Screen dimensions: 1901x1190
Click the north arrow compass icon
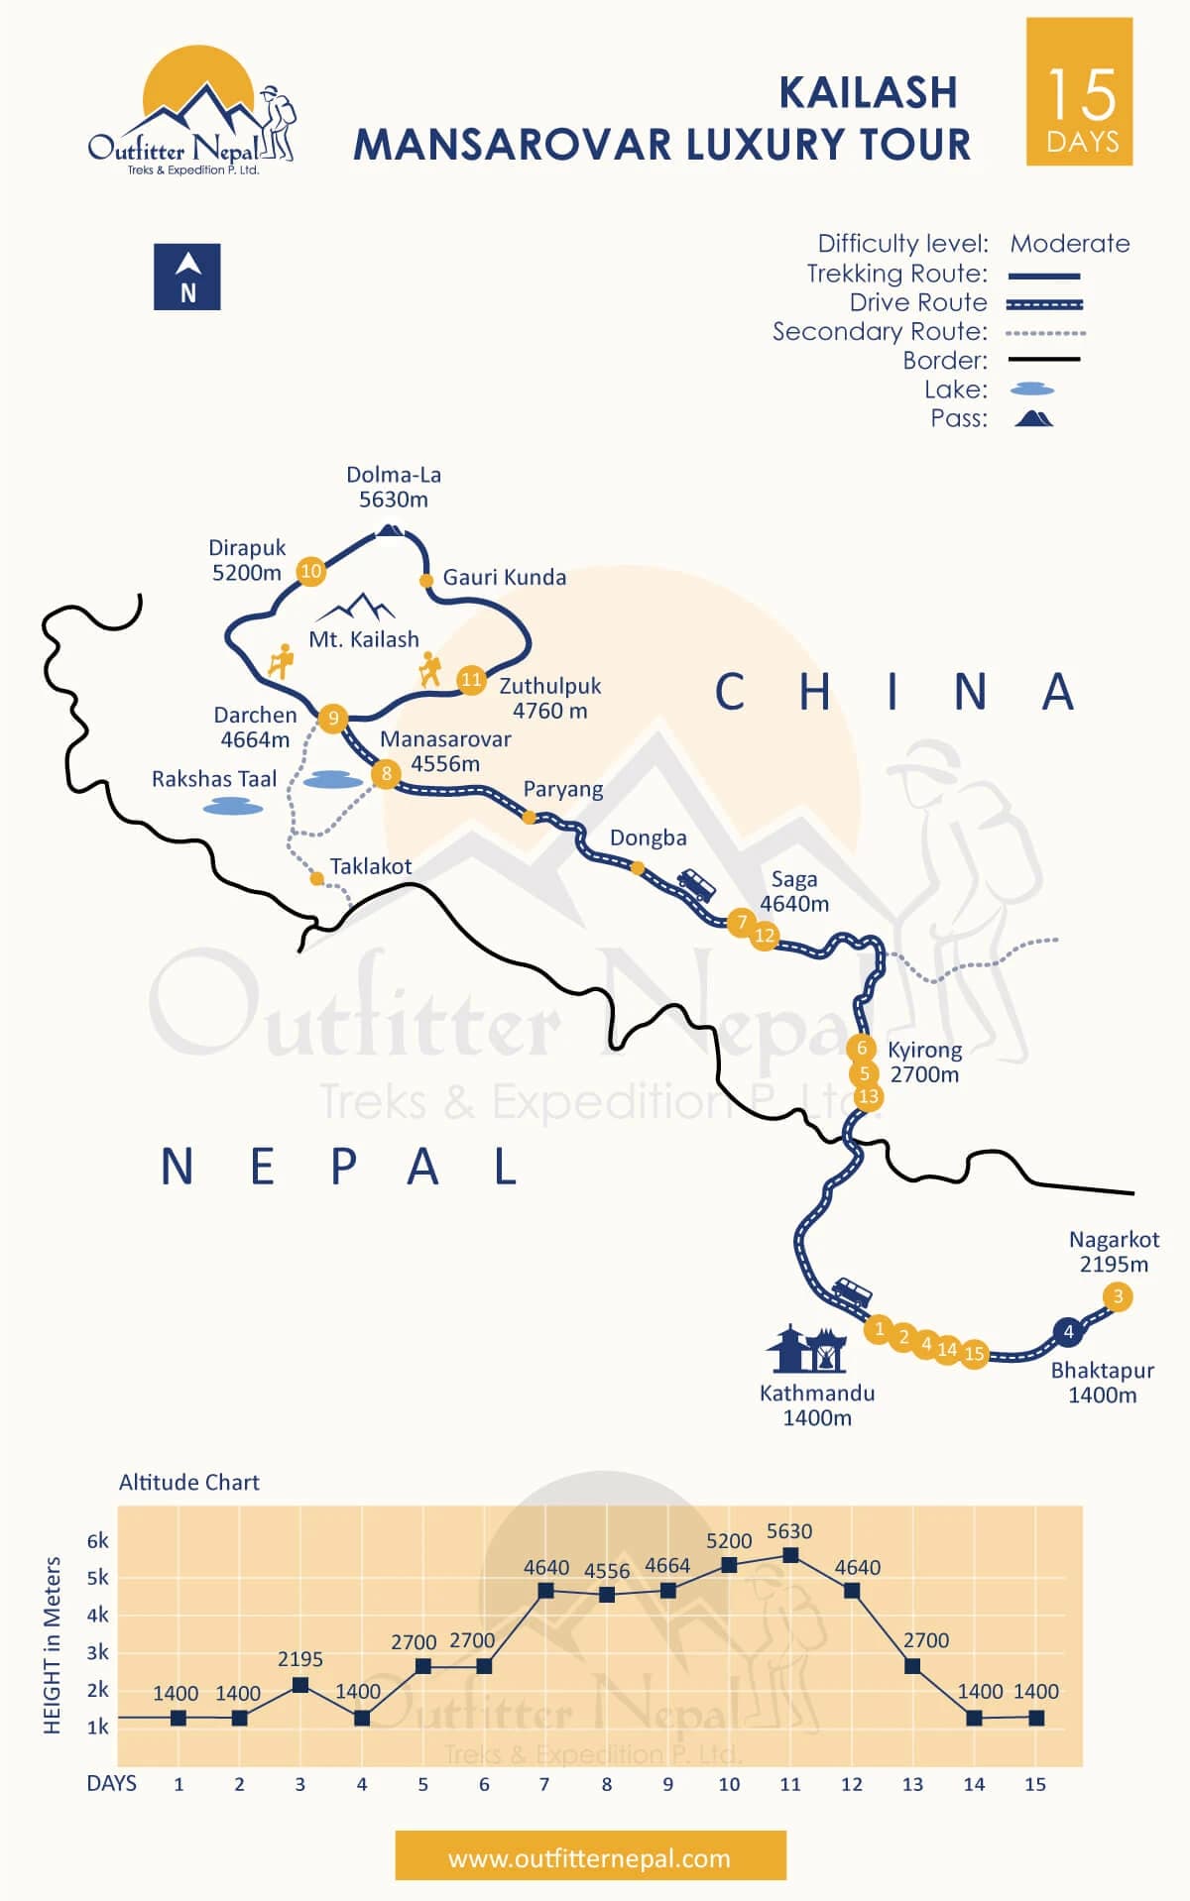(187, 277)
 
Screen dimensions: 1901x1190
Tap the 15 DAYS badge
(1080, 91)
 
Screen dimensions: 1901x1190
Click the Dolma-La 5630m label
(394, 487)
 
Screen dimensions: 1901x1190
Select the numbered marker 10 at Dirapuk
(311, 571)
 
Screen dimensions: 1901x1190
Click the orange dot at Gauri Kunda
(426, 581)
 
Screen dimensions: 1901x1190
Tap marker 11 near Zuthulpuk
(471, 680)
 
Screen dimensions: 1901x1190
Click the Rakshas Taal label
(214, 779)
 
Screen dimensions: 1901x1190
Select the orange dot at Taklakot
(316, 878)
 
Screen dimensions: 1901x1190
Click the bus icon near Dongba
(696, 884)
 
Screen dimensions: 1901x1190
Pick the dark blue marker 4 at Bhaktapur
(1068, 1332)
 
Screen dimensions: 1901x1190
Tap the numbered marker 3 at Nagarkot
(1118, 1296)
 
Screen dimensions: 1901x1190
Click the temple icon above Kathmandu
(806, 1349)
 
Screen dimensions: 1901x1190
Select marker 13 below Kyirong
(869, 1096)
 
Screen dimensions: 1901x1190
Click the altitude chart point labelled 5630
(790, 1555)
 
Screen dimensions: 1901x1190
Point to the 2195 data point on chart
(300, 1685)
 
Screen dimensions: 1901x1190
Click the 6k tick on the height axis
(97, 1541)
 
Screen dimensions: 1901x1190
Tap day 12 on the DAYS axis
(852, 1784)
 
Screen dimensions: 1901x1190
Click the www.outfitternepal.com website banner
(590, 1858)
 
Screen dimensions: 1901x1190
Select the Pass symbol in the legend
(1033, 418)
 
